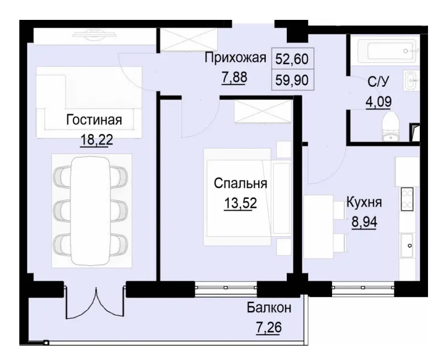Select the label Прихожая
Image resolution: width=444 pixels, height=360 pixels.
coord(236,57)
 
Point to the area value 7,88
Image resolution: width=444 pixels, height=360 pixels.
coord(234,77)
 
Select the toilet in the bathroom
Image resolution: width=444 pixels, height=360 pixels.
coord(391,128)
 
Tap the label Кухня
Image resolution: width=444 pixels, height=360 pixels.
coord(363,202)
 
